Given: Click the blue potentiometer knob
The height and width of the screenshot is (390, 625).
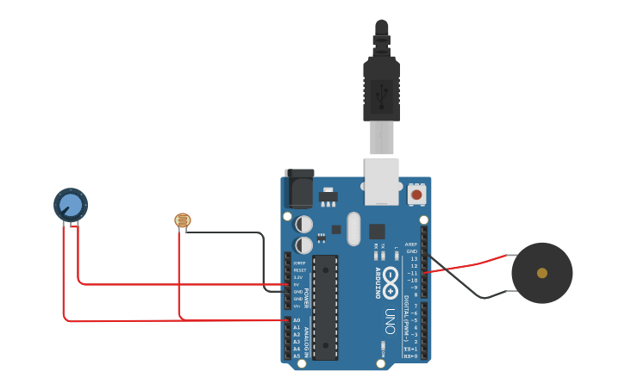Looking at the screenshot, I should tap(71, 205).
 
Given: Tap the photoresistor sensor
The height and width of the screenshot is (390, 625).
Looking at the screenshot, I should tap(182, 220).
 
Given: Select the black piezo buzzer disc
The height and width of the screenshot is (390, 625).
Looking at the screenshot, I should tap(541, 273).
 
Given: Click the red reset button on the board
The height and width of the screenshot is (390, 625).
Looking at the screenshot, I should tap(416, 195).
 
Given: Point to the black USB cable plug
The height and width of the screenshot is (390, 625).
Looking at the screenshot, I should tap(381, 86).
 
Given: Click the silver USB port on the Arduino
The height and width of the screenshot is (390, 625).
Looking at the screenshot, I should tap(381, 181).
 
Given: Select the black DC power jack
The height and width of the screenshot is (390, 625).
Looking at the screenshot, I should tap(299, 189).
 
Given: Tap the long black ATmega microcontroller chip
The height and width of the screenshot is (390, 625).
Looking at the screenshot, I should tap(325, 306).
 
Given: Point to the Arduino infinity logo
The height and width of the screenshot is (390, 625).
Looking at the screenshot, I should tap(391, 277).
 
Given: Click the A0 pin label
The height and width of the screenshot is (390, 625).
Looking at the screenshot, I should tap(297, 320).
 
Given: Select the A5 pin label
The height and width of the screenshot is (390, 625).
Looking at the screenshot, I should tap(297, 356).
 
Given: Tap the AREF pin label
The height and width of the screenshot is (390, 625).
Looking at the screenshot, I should tap(411, 244).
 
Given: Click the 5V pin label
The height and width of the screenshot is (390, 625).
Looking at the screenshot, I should tap(297, 284).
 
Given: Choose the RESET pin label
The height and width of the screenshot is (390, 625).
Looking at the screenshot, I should tap(298, 270).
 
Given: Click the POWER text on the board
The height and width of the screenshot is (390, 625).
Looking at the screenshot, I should tap(306, 298).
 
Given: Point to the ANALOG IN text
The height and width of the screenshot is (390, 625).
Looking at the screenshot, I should tap(306, 338).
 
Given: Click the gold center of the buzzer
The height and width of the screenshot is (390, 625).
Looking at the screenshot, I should tap(541, 273).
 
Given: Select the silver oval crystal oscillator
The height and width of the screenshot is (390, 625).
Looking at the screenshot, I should tap(353, 229).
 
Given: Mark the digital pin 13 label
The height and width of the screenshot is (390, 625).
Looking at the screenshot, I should tap(413, 258).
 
